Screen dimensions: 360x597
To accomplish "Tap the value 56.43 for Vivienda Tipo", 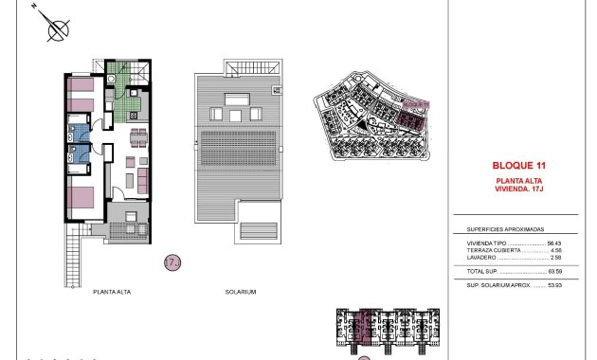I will [x=540, y=243].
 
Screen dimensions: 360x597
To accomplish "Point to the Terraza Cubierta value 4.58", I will [x=542, y=250].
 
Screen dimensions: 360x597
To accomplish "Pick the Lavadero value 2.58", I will [x=542, y=258].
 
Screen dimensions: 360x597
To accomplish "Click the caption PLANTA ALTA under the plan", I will [x=112, y=292].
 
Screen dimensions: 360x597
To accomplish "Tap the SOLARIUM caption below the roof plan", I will [x=241, y=292].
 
